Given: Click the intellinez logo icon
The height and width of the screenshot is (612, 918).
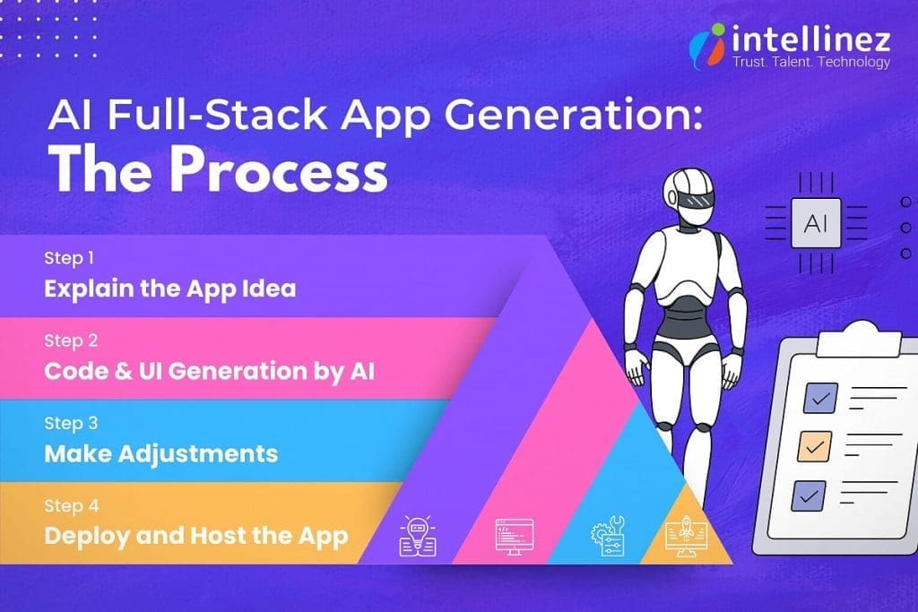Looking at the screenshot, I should [710, 45].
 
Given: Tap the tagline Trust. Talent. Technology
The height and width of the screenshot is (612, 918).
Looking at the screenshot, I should [811, 62].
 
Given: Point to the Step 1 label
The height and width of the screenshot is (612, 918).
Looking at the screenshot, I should [69, 258].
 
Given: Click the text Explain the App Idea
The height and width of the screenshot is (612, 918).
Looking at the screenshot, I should [170, 289].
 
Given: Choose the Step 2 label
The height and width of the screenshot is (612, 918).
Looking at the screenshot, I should [70, 340].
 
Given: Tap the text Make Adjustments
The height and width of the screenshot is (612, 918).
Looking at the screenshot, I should [161, 453].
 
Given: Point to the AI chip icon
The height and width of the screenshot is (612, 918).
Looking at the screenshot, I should [815, 223].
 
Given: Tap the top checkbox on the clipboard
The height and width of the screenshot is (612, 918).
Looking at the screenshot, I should [820, 395].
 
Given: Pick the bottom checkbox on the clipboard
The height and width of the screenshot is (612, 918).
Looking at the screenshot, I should [808, 494].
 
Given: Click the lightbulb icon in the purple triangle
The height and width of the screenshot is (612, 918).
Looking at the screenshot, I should [417, 535].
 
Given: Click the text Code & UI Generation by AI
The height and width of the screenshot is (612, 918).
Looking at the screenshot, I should [209, 371].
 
